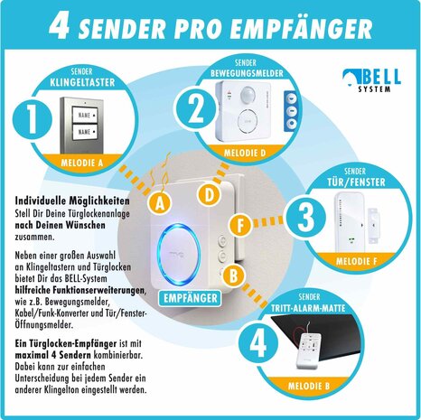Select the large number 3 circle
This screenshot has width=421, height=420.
[x=307, y=217]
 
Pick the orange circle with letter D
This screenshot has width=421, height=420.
[x=209, y=194]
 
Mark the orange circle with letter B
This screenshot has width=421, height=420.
[x=232, y=274]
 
